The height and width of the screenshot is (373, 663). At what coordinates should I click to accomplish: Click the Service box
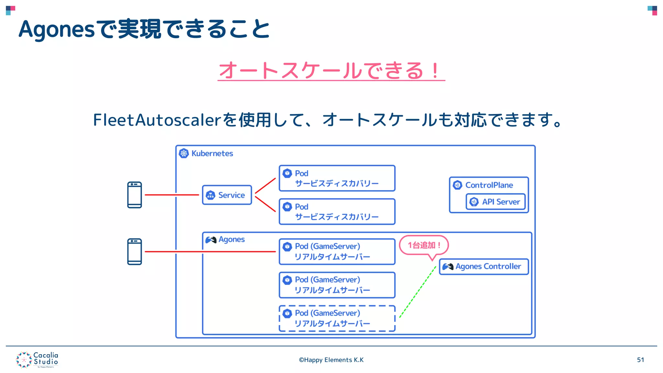227,195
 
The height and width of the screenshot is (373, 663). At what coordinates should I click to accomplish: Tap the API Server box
495,202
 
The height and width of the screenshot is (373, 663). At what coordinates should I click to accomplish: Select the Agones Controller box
484,266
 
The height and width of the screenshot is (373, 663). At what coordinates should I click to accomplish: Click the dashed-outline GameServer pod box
337,318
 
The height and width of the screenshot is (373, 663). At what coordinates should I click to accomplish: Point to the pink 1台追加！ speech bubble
424,245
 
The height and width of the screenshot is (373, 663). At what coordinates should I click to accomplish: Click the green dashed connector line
418,291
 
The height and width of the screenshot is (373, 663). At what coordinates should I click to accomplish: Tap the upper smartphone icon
134,195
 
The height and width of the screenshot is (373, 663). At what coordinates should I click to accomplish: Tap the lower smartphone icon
134,252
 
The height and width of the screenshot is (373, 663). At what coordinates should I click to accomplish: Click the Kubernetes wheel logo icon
184,153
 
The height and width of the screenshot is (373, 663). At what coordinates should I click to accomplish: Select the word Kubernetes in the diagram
212,153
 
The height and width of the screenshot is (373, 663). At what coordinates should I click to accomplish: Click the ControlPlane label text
489,185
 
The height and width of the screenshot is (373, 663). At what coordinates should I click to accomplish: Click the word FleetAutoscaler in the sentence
157,120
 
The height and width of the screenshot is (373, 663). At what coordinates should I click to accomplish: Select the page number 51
640,360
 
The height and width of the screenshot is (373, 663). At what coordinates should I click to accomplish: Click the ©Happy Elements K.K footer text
331,360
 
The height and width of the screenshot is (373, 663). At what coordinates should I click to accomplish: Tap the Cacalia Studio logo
37,360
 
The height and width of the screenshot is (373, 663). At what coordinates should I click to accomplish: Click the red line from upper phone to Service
172,195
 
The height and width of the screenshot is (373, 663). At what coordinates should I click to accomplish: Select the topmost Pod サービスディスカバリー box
337,178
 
